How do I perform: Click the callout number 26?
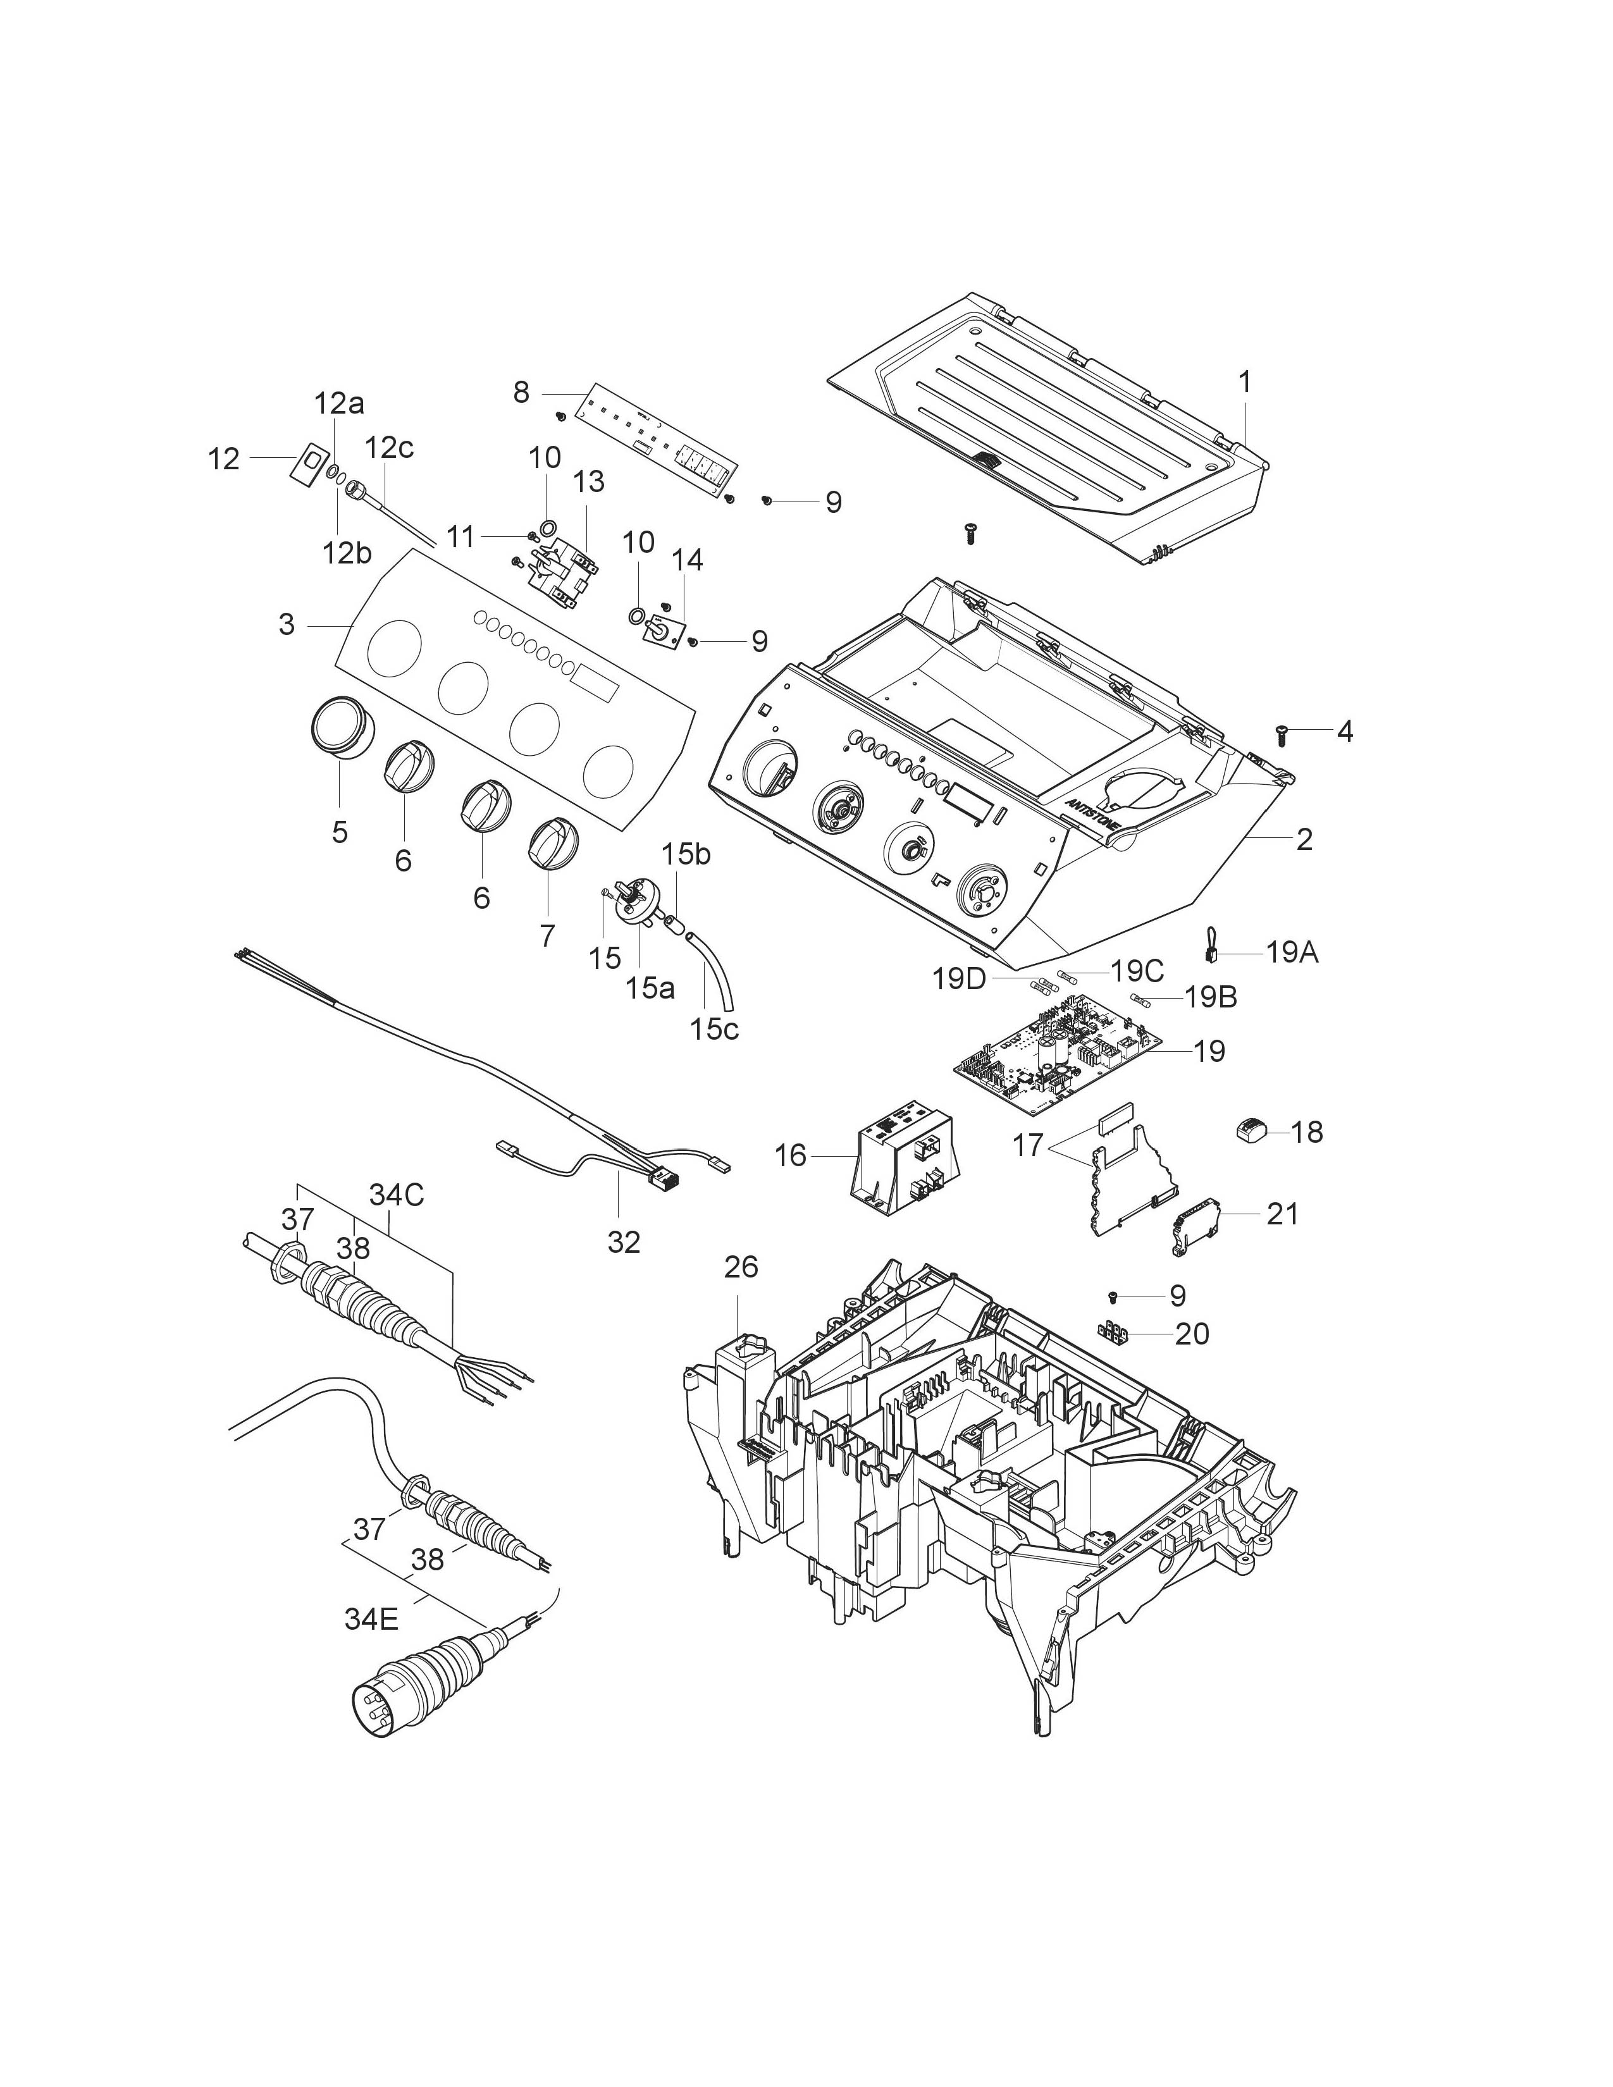click(x=741, y=1267)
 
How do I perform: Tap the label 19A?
click(x=1292, y=952)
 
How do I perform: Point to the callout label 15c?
click(x=714, y=1029)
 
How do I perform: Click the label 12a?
click(x=339, y=404)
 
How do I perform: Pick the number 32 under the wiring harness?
click(x=623, y=1241)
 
